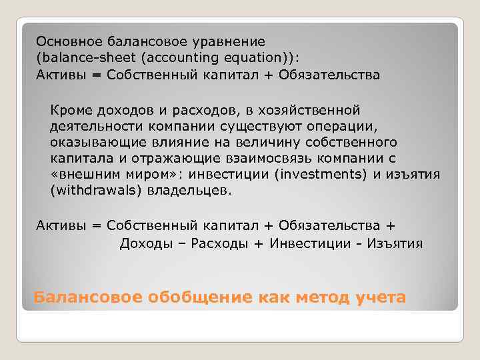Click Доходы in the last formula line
[x=147, y=243]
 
